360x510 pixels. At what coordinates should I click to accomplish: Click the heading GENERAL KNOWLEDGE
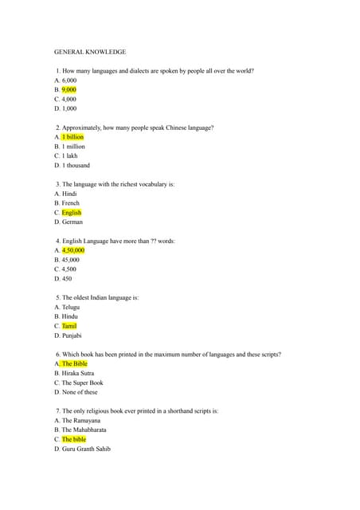tap(90, 52)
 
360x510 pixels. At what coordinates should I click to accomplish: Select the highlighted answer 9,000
tap(69, 90)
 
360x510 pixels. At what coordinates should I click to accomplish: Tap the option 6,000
tap(69, 80)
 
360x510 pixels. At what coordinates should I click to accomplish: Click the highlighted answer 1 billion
tap(72, 137)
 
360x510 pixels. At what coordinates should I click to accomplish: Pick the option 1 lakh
tap(70, 156)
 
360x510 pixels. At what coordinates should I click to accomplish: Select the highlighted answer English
tap(72, 213)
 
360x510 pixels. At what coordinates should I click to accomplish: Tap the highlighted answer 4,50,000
tap(73, 250)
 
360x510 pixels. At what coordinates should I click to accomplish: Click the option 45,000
tap(71, 260)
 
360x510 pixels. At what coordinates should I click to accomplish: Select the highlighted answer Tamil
tap(69, 326)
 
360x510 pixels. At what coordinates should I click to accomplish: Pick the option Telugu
tap(71, 307)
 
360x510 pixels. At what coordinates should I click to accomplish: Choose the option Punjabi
tap(72, 335)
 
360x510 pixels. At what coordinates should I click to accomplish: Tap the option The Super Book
tap(82, 382)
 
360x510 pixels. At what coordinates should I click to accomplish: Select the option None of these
tap(80, 392)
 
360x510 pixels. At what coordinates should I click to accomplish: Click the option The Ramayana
tap(80, 420)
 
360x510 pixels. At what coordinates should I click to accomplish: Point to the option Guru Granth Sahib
tap(86, 449)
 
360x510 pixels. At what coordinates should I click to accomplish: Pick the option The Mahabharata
tap(84, 430)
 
